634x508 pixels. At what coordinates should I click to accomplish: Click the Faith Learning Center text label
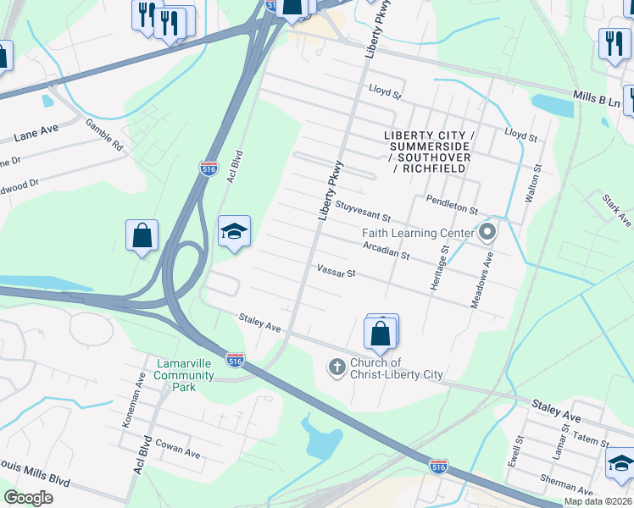click(417, 233)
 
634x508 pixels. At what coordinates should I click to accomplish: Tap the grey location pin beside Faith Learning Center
click(487, 231)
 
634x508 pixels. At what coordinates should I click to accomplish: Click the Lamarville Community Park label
click(187, 375)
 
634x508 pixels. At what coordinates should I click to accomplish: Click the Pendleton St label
click(453, 206)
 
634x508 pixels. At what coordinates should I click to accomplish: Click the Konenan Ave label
click(130, 408)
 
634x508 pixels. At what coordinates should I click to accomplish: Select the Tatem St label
click(592, 441)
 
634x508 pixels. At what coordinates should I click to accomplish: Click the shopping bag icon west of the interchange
click(142, 236)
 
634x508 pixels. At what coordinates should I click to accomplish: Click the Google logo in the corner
click(29, 498)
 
